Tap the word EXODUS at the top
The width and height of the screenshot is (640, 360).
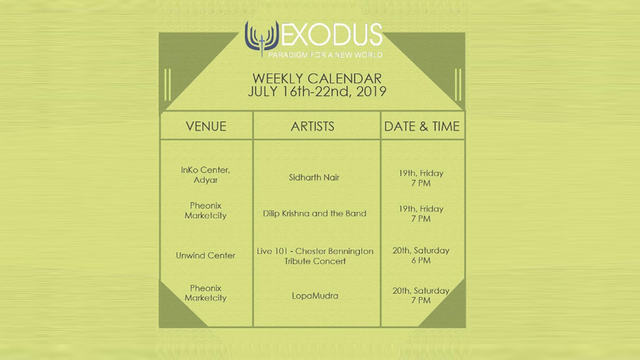coord(331,35)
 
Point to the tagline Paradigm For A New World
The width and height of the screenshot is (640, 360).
coord(325,55)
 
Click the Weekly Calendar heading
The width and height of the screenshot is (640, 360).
coord(316,78)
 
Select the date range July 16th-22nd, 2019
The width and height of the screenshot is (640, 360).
coord(316,92)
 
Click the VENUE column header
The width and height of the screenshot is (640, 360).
coord(206,127)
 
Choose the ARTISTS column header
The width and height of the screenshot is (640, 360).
coord(312,127)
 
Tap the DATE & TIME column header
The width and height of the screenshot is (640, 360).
coord(422,127)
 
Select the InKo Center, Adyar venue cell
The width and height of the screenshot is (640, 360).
coord(206,175)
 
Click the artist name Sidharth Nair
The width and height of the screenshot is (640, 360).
coord(314,178)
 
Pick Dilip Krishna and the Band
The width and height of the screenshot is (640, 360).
coord(314,213)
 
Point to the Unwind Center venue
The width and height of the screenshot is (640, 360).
coord(206,255)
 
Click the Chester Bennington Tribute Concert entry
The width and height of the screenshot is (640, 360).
coord(315,256)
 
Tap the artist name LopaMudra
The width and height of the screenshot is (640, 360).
coord(315,296)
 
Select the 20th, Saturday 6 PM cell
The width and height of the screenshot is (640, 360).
coord(421,255)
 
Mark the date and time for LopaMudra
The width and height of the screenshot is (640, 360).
coord(421,295)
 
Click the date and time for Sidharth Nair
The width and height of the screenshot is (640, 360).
coord(421,178)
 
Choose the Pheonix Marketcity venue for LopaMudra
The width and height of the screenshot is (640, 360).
coord(206,293)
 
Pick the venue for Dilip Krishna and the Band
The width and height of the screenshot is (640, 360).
coord(206,211)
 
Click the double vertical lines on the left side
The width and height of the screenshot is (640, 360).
coord(167,85)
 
